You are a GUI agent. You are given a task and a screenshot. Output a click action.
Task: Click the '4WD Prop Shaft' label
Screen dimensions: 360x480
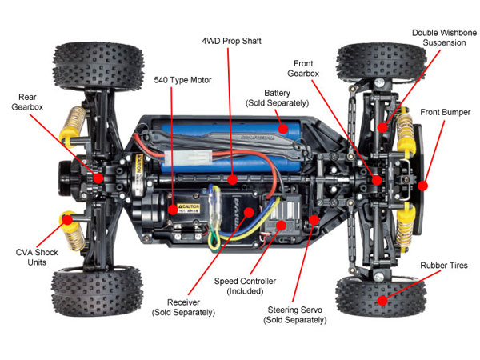pyautogui.click(x=232, y=40)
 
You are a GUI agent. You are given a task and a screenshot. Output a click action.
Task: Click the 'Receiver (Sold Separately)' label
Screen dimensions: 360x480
pyautogui.click(x=183, y=306)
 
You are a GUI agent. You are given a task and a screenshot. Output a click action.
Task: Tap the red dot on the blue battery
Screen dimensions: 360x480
pyautogui.click(x=282, y=126)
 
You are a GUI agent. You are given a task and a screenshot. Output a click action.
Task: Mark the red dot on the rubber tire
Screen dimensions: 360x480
pyautogui.click(x=383, y=301)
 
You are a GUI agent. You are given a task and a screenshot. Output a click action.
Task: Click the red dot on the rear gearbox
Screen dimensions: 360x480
pyautogui.click(x=98, y=178)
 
